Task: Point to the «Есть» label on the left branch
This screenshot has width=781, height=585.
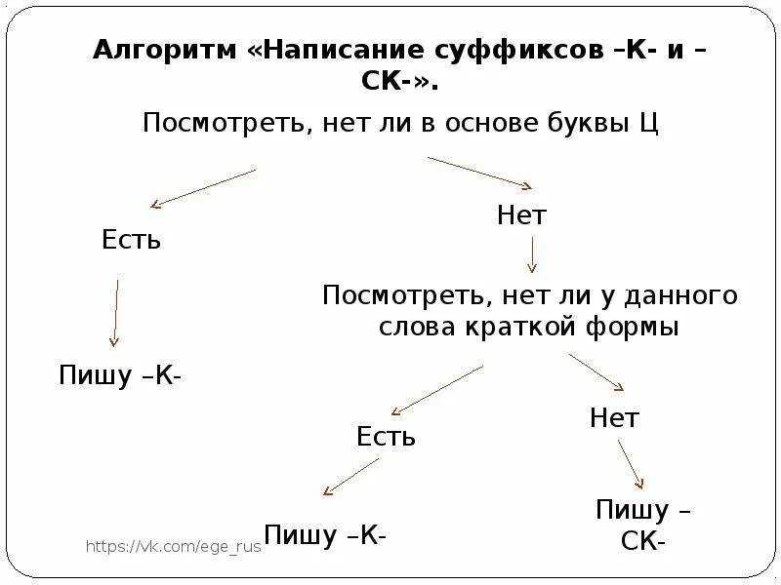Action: [131, 240]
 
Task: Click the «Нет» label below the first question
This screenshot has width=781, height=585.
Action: [521, 215]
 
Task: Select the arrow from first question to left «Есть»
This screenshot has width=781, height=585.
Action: [203, 187]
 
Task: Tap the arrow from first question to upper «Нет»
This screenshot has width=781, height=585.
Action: [479, 173]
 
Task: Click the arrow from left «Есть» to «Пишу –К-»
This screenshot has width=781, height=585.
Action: [115, 313]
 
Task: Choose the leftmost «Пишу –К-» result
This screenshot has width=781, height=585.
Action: [120, 376]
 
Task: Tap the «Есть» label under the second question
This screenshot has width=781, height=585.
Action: [386, 437]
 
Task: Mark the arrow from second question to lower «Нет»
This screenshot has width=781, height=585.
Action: [596, 372]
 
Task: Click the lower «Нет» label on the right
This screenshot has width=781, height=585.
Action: [614, 419]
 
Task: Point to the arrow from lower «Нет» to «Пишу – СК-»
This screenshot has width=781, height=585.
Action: [630, 464]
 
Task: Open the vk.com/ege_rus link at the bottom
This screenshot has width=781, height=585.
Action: [174, 547]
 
